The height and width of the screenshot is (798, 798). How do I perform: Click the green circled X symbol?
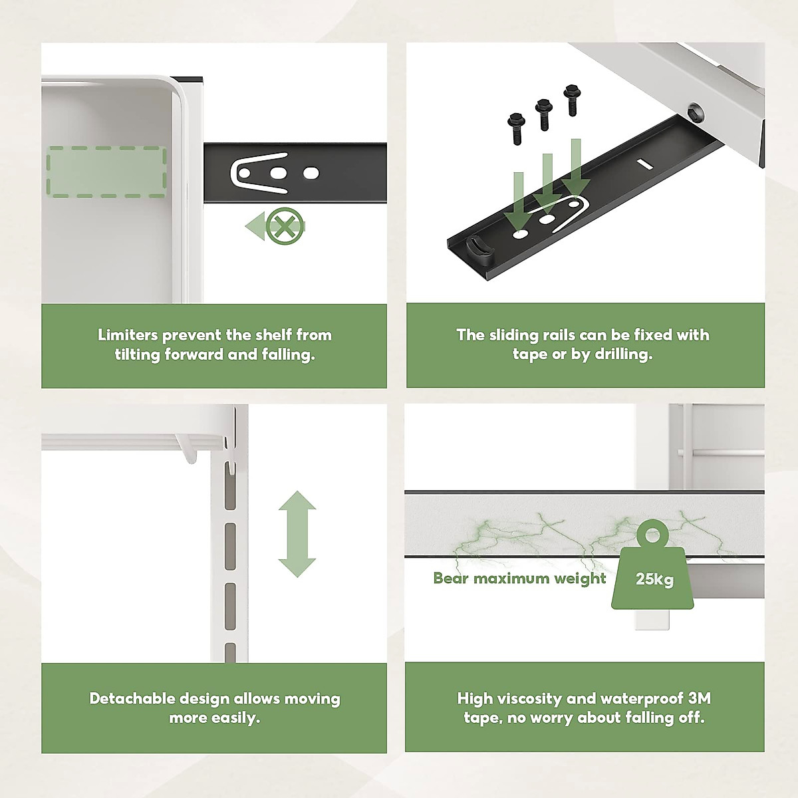[284, 225]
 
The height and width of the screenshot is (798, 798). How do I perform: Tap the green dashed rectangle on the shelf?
[106, 172]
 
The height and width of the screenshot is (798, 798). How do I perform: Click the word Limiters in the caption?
[128, 335]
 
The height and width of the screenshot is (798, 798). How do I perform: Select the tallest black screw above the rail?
[572, 100]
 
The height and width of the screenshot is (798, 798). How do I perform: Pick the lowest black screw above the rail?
[516, 129]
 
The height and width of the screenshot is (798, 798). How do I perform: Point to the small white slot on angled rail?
[644, 164]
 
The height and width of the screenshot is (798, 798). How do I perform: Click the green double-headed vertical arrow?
[297, 534]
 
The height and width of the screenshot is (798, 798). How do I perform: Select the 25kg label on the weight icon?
[654, 579]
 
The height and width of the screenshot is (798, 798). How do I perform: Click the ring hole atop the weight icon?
[652, 535]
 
